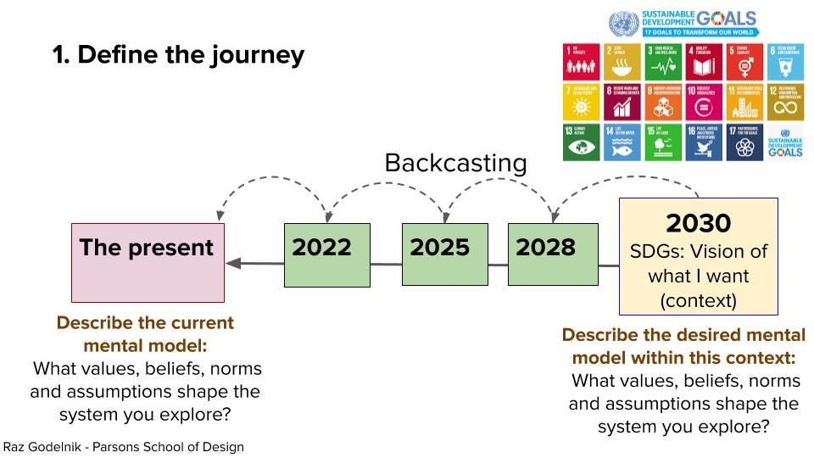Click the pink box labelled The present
tap(148, 262)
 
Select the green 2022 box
tap(326, 254)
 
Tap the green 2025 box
tap(444, 254)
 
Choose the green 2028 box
tap(552, 254)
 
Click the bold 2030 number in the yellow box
tap(698, 223)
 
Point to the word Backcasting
tap(455, 163)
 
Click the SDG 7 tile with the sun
tap(582, 101)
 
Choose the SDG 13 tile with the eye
tap(582, 142)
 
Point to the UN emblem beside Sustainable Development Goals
tap(623, 22)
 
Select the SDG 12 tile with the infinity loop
tap(786, 101)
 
